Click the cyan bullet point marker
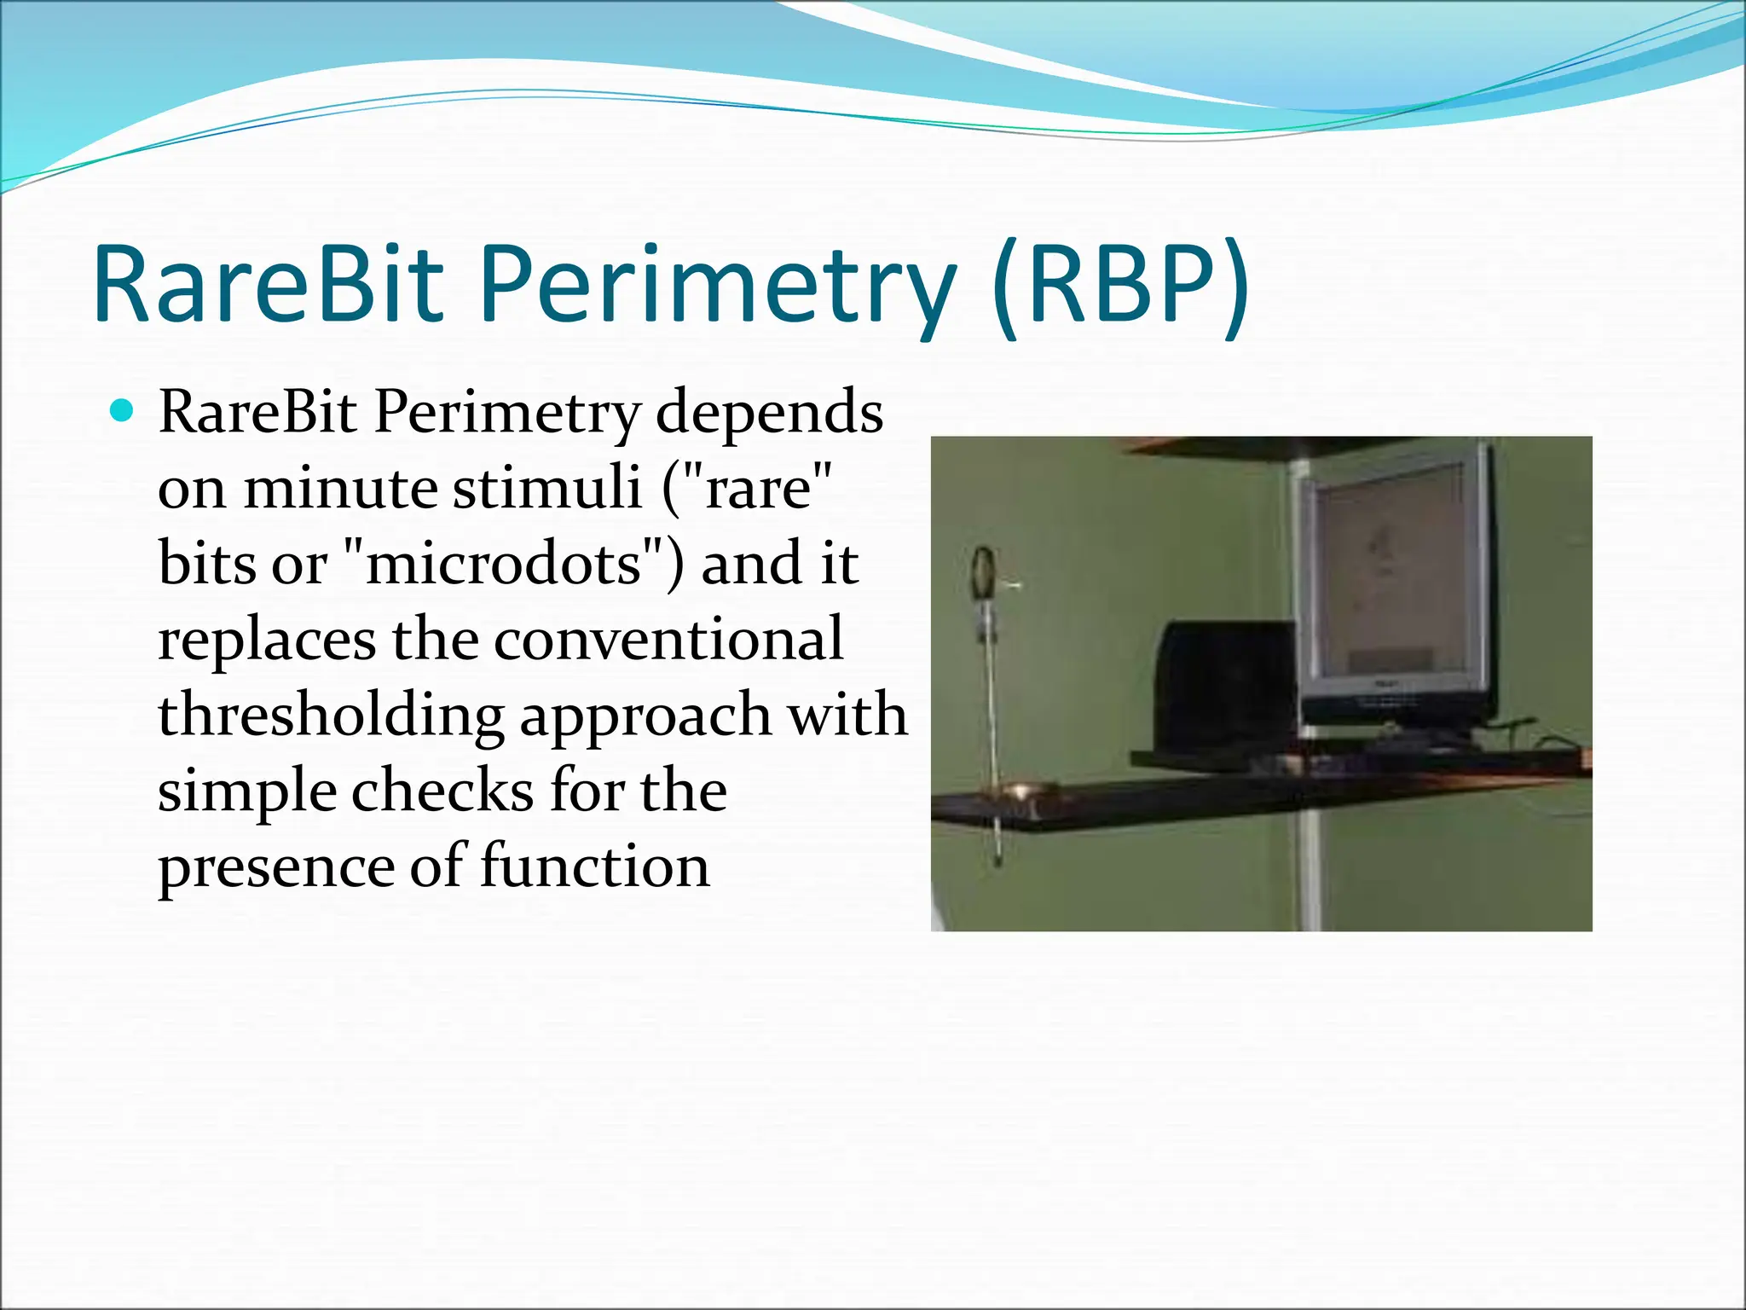(123, 412)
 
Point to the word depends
(769, 414)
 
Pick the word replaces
(267, 640)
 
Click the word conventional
(668, 640)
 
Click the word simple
(247, 791)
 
